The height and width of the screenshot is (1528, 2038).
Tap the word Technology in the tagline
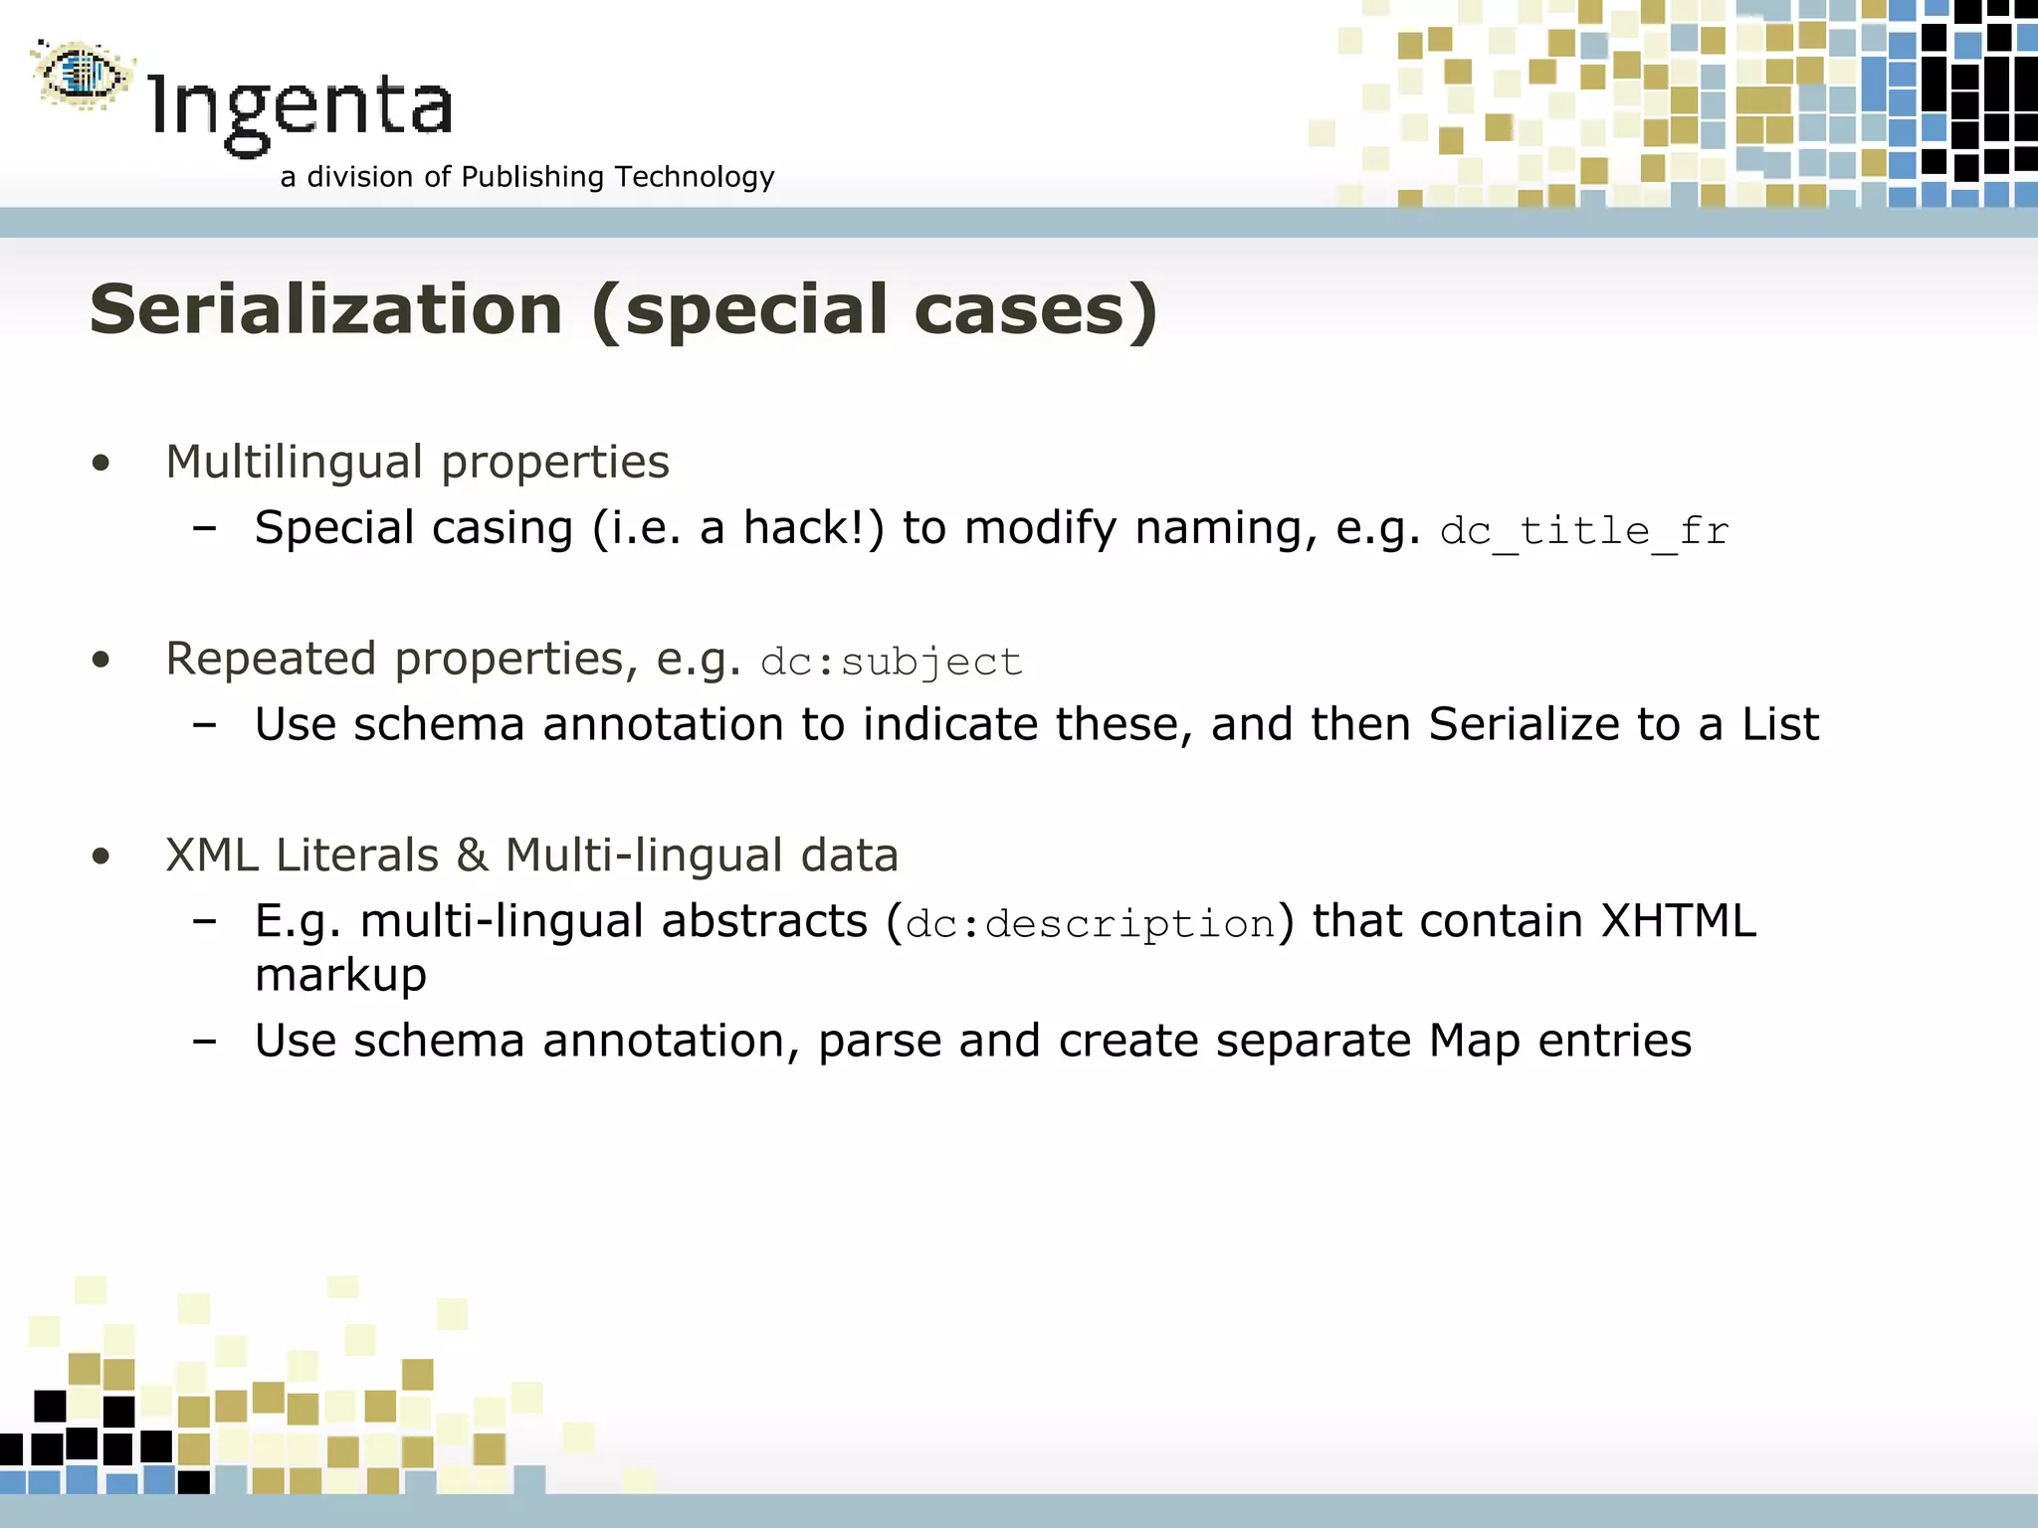[x=694, y=177]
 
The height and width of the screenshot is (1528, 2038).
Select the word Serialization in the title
[x=326, y=309]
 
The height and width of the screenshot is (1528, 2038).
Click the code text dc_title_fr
[x=1584, y=531]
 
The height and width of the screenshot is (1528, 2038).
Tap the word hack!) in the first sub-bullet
[x=813, y=527]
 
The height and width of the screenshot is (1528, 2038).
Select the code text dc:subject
[x=891, y=663]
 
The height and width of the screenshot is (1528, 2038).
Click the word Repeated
[x=271, y=659]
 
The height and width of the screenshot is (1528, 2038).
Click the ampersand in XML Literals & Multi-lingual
[x=472, y=856]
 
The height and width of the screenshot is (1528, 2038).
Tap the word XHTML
[x=1678, y=921]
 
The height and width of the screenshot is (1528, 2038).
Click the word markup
[x=340, y=976]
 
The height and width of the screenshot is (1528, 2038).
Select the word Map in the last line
[x=1475, y=1042]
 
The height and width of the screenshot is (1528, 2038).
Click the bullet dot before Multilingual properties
[x=101, y=463]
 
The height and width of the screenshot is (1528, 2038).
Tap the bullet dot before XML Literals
[x=101, y=857]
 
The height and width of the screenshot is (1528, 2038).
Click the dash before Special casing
[x=205, y=529]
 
